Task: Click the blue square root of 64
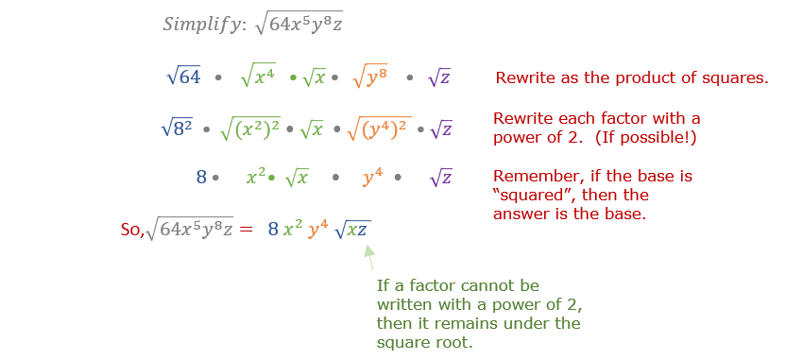(183, 77)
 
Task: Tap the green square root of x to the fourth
(257, 77)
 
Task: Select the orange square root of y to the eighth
(370, 77)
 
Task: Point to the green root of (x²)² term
(250, 128)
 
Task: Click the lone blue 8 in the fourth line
(200, 177)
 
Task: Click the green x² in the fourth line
(255, 177)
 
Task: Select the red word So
(131, 229)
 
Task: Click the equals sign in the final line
(246, 229)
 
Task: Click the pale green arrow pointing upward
(369, 255)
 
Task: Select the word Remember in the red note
(530, 176)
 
